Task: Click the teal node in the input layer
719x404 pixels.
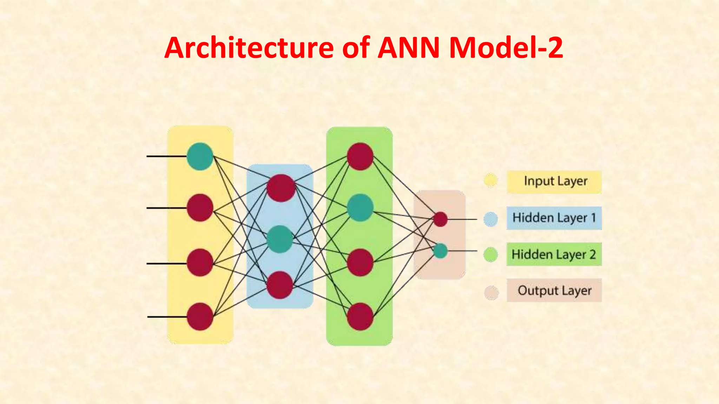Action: coord(200,156)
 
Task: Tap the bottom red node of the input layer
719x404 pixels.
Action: coord(200,317)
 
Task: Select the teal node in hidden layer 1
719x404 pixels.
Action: coord(280,239)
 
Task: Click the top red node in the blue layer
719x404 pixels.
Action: coord(281,188)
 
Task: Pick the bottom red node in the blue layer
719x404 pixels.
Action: coord(280,285)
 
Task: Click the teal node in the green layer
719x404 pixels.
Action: coord(360,208)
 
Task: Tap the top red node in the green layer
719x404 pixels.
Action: coord(360,156)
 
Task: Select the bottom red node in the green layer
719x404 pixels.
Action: coord(360,317)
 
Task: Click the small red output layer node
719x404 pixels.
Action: coord(440,219)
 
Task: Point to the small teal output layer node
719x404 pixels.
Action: coord(440,251)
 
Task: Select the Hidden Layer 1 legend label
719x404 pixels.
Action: coord(554,218)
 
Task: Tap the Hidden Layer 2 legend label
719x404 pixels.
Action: coord(554,254)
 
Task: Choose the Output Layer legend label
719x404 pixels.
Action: coord(554,290)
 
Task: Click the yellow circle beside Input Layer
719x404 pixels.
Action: coord(490,180)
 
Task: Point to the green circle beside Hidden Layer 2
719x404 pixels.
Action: coord(490,255)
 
